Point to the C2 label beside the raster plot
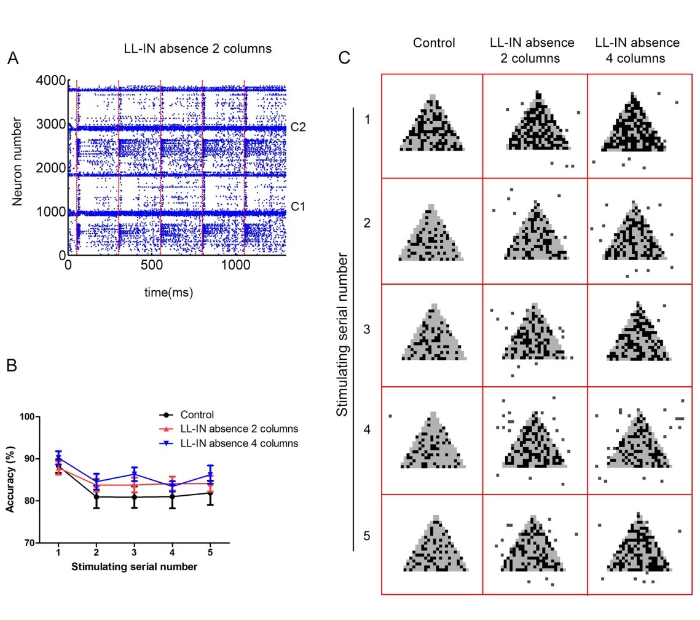tap(298, 127)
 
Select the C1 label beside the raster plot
tap(298, 207)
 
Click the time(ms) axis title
tap(169, 293)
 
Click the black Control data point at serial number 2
tap(96, 496)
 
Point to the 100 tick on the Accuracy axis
tap(28, 416)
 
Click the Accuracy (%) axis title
tap(10, 480)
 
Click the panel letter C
tap(345, 58)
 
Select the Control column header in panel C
tap(434, 43)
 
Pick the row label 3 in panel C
tap(367, 329)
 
